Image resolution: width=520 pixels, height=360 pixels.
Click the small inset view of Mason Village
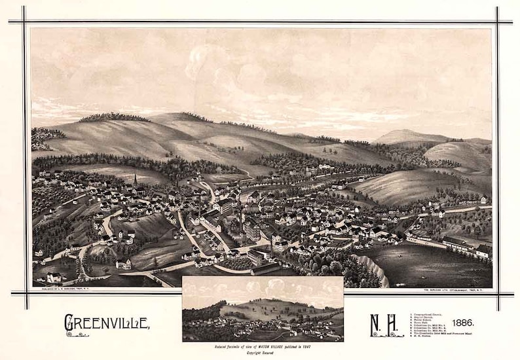263,309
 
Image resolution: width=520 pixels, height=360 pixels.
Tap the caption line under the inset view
263,346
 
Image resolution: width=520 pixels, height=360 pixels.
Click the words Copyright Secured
263,352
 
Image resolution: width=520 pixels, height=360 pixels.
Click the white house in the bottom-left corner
52,277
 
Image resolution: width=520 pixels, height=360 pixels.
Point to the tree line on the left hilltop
115,118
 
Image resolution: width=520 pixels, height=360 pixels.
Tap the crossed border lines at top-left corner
26,22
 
